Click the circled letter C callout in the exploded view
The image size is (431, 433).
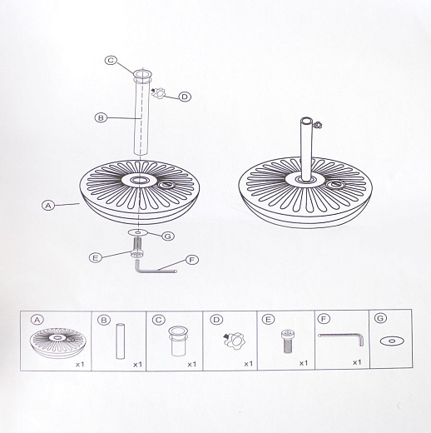point(111,60)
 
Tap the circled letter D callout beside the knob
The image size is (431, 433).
point(185,97)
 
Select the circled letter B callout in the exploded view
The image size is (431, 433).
point(101,117)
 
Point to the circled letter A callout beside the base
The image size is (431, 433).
point(48,206)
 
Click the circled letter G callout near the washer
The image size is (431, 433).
point(168,236)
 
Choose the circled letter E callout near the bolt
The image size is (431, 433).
point(96,258)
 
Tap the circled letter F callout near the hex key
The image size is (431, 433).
point(191,260)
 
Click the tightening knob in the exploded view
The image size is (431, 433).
point(158,93)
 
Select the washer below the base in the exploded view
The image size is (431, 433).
point(138,232)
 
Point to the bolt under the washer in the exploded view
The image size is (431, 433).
point(137,248)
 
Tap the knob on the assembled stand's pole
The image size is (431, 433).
point(317,125)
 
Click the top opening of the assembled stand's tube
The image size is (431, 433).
point(307,122)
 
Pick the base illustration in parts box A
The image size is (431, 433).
point(57,343)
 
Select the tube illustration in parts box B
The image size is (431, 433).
point(121,341)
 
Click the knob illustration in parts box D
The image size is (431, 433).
point(234,341)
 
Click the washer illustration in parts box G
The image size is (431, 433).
point(392,341)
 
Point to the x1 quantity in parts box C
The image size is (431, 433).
point(192,364)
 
